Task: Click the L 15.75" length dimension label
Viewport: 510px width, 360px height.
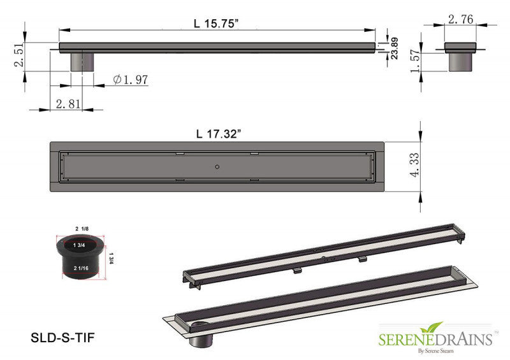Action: coord(217,23)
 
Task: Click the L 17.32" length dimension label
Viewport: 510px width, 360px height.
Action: coord(219,134)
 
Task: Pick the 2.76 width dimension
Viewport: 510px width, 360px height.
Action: coord(460,20)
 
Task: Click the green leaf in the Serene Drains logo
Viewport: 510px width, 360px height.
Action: coord(435,328)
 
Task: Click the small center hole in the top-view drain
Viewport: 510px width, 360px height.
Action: coord(217,167)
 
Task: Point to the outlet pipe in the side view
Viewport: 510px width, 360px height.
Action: coord(81,62)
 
